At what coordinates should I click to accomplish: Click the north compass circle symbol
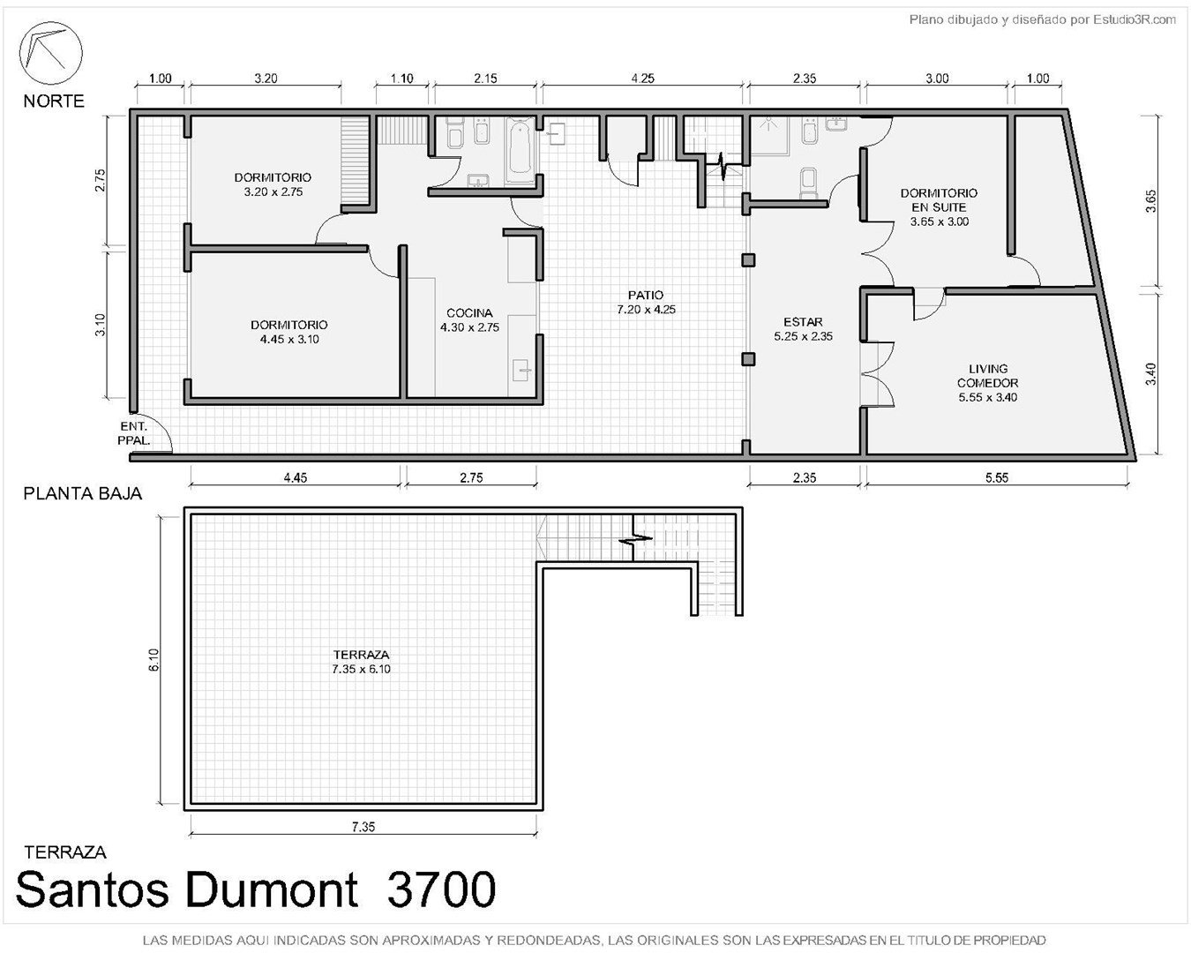51,53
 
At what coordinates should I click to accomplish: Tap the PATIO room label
645,295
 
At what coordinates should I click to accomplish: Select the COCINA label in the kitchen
469,313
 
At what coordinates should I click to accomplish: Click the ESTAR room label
803,322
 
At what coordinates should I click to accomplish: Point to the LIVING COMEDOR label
988,375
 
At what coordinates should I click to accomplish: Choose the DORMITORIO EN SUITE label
939,200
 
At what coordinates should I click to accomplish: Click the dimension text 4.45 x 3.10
289,339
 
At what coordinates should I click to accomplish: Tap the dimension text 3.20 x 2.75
273,191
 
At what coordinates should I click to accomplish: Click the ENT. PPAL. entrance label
134,433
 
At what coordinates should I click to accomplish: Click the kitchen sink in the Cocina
522,370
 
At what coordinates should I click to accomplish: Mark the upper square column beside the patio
748,260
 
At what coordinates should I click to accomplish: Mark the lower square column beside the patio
748,360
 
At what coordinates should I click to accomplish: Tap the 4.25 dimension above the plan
642,78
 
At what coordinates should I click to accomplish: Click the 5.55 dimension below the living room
997,477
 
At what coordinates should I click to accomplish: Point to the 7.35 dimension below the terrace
363,827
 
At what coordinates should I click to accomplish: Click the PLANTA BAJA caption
82,493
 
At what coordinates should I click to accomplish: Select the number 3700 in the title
441,889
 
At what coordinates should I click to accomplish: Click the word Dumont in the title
271,889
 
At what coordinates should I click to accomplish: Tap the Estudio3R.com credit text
1134,20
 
